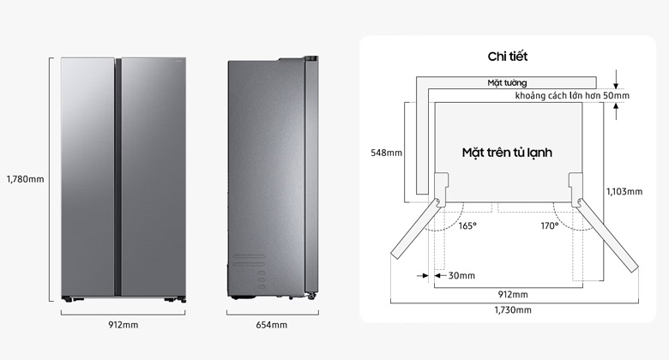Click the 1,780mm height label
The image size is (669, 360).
(25, 179)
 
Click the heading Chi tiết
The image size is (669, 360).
(508, 57)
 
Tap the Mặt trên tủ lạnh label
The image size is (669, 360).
(507, 153)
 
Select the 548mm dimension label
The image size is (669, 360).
(385, 153)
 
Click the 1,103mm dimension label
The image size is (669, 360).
(624, 192)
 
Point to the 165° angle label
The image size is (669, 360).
(467, 225)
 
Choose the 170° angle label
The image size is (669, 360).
(550, 225)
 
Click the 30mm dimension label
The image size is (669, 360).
(461, 275)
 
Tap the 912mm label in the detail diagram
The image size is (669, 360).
(513, 294)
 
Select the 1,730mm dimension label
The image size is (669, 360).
(513, 309)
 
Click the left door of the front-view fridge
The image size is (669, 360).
(88, 176)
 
